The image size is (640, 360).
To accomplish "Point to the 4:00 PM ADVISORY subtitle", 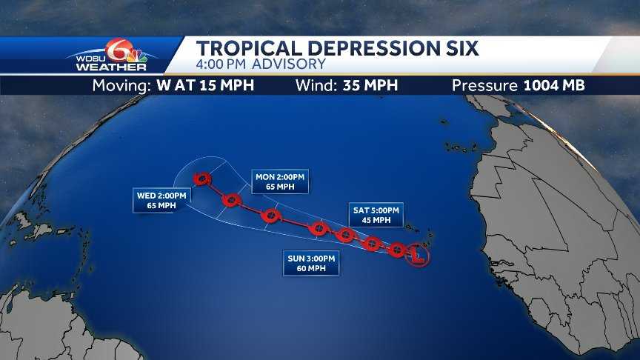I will pos(261,65).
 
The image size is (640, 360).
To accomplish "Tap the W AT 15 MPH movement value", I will pos(205,85).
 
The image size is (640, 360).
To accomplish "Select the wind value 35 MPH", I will pos(370,85).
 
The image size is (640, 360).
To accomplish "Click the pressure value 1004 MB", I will pos(554,85).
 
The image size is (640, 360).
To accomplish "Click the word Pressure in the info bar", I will pos(485,85).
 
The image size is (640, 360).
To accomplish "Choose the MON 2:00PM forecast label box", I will pos(280,181).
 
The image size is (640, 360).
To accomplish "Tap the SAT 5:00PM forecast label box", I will pos(376,215).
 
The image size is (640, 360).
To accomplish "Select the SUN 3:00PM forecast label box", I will pos(311,263).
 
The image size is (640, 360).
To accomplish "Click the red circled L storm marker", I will pos(418,257).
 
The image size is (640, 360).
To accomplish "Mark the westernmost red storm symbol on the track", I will pos(201,179).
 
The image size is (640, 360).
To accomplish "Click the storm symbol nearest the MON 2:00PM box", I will pos(270,216).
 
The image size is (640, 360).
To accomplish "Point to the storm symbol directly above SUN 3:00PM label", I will pos(319,228).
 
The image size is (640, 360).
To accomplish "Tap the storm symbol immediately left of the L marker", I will pos(397,250).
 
